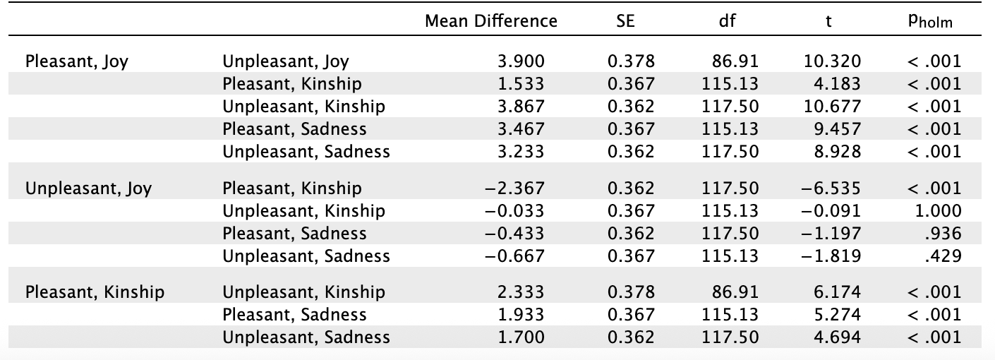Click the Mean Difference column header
(491, 21)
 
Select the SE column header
(625, 21)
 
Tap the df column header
(727, 21)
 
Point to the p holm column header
(931, 22)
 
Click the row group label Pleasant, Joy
(77, 61)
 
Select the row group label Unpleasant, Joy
(88, 188)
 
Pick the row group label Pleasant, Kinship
(95, 292)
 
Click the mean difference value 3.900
(521, 61)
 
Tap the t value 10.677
(833, 107)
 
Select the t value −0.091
(833, 211)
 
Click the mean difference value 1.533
(521, 84)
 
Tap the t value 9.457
(837, 129)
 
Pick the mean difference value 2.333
(521, 292)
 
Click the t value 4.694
(837, 337)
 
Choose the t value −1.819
(833, 256)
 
